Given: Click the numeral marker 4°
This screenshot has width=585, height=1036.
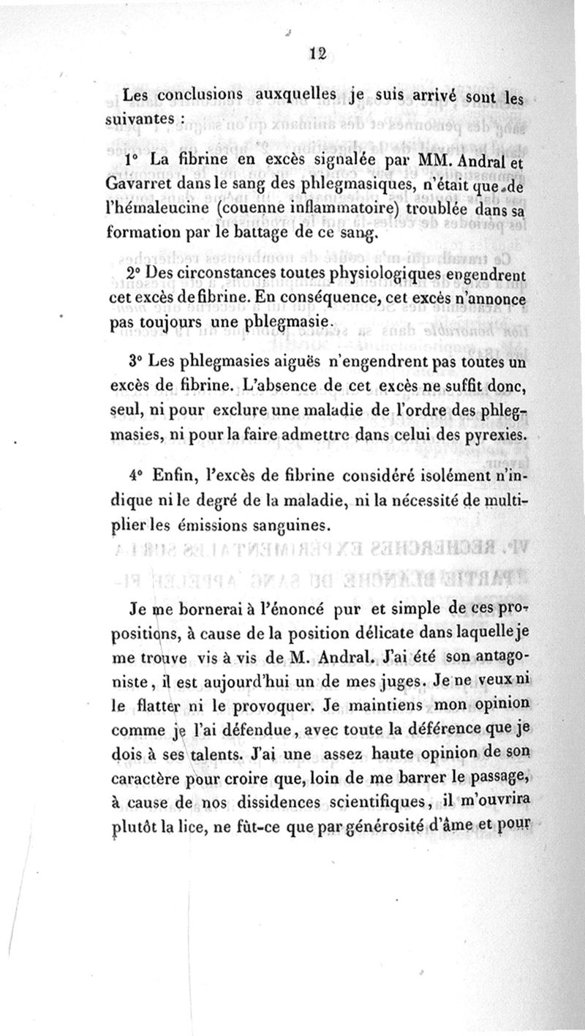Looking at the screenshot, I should click(132, 476).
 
